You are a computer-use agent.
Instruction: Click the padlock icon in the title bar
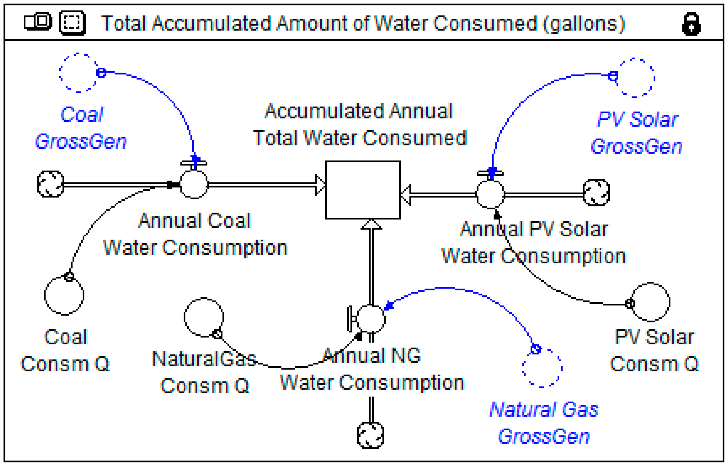click(691, 24)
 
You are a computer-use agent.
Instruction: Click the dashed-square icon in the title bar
click(73, 23)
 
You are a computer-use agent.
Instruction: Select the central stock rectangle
click(363, 190)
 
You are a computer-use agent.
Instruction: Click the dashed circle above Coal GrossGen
click(78, 73)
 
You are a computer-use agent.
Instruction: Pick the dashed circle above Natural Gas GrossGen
click(542, 368)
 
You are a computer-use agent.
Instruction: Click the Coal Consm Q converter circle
click(64, 295)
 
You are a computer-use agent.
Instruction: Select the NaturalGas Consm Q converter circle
click(204, 317)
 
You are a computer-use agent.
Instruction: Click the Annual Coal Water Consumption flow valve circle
click(194, 184)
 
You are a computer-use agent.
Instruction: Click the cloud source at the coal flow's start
click(51, 184)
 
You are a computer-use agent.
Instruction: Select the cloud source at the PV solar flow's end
click(596, 193)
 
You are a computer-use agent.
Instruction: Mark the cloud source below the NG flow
click(371, 435)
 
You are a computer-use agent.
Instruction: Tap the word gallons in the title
click(583, 24)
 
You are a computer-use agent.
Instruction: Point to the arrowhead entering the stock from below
click(371, 224)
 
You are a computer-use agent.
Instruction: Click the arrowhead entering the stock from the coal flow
click(320, 184)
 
